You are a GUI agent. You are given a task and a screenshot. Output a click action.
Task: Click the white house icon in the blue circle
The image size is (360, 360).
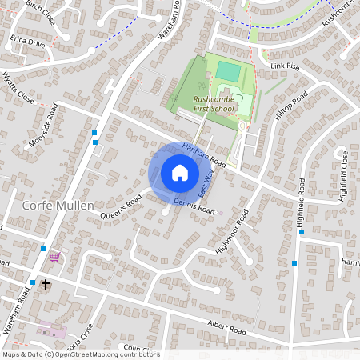180,172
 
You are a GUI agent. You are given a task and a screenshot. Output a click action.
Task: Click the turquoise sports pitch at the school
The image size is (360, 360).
227,71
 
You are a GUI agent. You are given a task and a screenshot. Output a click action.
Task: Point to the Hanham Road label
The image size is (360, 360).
205,157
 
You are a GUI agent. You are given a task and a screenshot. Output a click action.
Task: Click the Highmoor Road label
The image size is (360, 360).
233,232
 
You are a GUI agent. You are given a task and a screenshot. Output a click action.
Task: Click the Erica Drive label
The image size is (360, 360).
27,42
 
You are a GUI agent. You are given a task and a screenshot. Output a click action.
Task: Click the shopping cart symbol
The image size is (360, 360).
54,257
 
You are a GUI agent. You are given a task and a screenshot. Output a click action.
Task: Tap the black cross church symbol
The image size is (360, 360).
46,284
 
